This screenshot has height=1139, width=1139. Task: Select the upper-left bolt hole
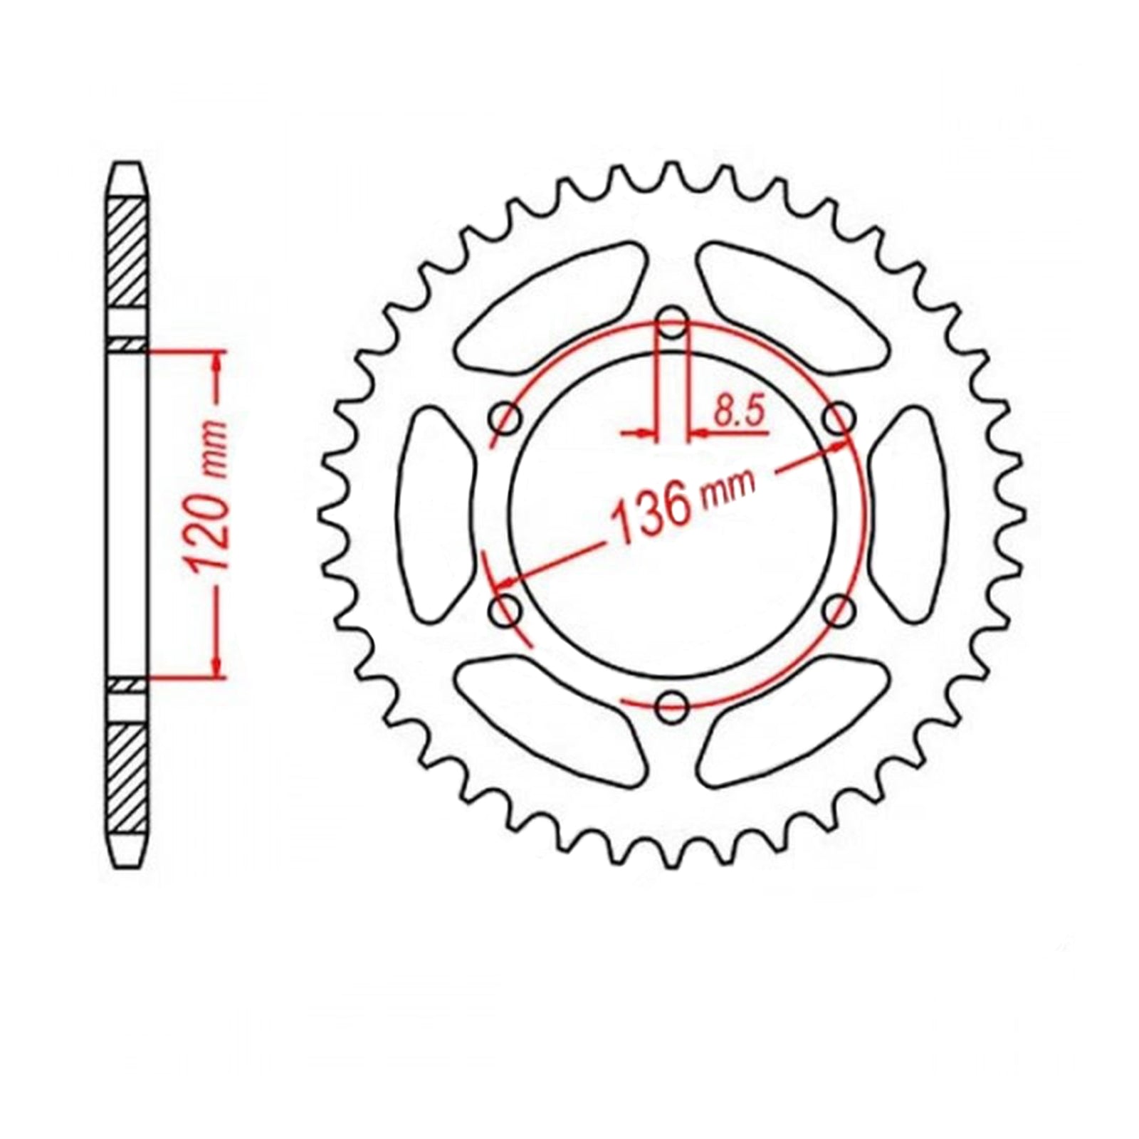click(x=507, y=419)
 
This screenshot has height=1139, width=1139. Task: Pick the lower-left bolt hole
click(x=507, y=610)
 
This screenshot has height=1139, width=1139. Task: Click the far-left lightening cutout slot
click(x=434, y=514)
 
